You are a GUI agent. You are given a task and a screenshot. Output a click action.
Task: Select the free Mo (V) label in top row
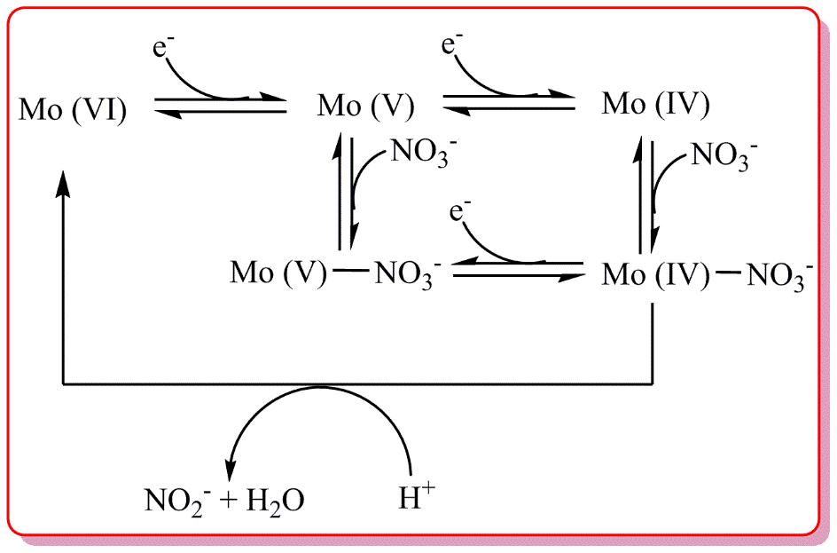coord(365,107)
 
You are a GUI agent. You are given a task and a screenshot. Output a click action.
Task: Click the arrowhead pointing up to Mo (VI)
coord(63,182)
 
